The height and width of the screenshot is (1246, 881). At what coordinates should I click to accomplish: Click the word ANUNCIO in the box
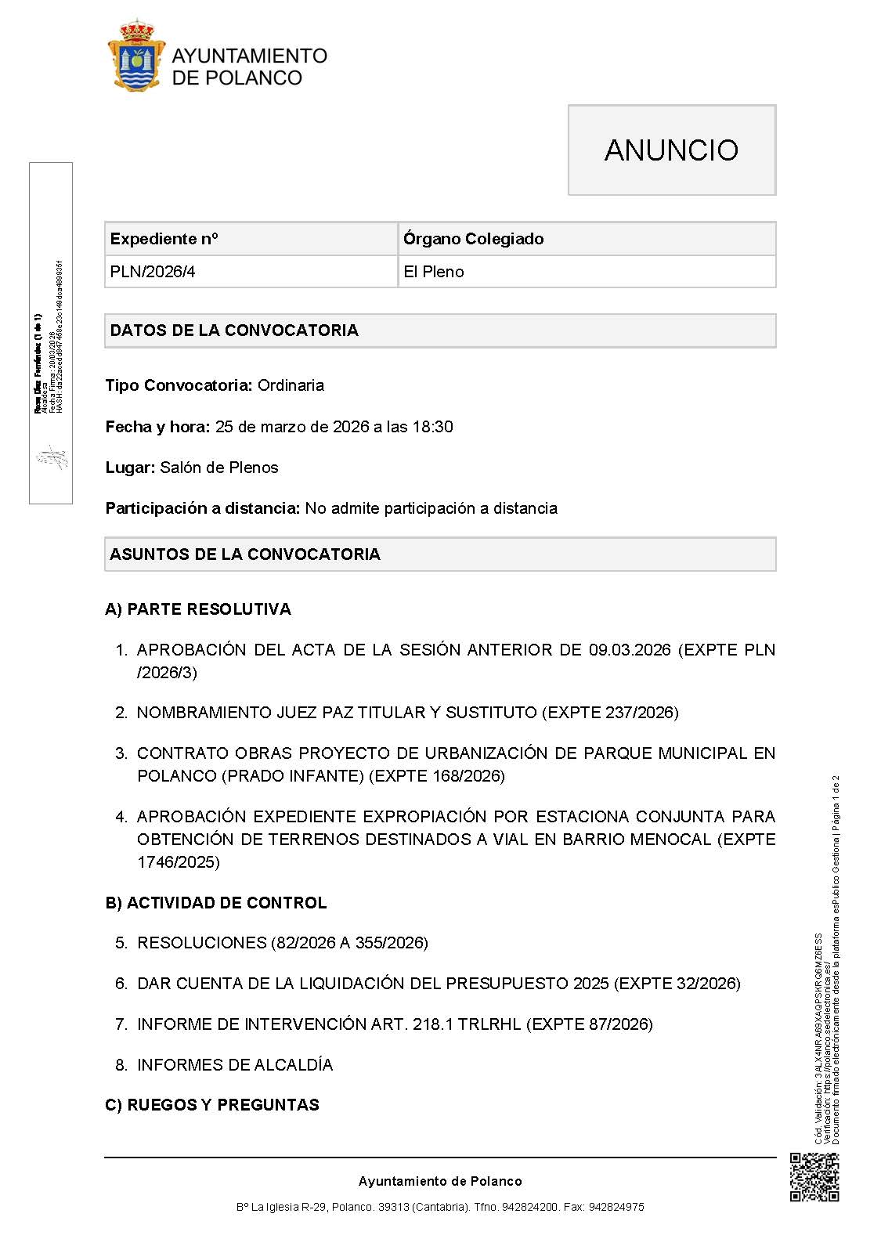tap(671, 150)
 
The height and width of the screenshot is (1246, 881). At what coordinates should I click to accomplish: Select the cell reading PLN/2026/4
tap(152, 272)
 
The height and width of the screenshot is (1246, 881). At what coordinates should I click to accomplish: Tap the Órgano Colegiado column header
tap(473, 239)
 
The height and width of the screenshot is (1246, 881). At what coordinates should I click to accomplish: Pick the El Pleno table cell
tap(433, 272)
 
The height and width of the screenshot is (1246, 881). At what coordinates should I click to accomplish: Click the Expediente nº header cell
tap(164, 239)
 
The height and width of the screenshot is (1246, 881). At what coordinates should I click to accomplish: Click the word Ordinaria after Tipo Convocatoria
tap(291, 385)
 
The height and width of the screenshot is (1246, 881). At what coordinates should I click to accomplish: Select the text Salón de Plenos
tap(218, 468)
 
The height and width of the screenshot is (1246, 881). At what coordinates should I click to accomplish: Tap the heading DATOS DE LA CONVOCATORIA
tap(234, 330)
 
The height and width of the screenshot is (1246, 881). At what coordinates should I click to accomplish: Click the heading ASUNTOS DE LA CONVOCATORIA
tap(245, 554)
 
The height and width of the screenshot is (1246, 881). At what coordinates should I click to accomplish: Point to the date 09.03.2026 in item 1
tap(630, 650)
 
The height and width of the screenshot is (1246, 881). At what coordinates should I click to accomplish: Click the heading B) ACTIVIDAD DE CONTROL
tap(215, 903)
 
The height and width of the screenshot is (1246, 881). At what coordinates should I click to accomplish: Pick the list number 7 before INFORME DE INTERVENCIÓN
tap(121, 1024)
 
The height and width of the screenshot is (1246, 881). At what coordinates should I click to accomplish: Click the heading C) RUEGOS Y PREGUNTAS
tap(212, 1105)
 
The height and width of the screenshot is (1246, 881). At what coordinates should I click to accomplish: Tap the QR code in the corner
tap(814, 1178)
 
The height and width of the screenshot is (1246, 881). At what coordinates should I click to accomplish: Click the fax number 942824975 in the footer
tap(616, 1208)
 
